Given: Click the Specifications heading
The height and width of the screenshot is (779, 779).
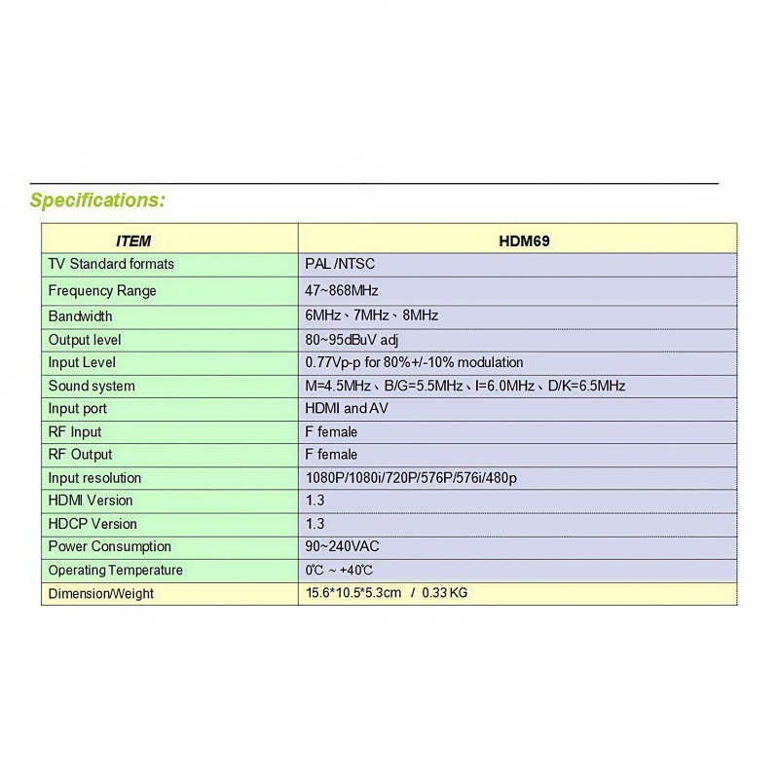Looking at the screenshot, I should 97,201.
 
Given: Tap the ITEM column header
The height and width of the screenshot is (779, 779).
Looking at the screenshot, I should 133,241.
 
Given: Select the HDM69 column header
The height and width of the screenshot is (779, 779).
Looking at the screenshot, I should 524,241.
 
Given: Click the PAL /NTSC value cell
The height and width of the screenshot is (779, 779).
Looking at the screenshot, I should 340,264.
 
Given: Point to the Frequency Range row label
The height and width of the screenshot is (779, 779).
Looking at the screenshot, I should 102,290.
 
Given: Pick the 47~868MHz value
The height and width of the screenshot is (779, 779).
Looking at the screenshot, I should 342,290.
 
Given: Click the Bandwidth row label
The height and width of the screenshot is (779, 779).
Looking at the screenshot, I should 81,315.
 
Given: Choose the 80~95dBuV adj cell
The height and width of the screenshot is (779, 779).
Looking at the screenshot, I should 352,340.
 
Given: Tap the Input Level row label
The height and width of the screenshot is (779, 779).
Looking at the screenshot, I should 82,362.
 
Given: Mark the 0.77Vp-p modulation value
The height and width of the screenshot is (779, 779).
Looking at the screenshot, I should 414,362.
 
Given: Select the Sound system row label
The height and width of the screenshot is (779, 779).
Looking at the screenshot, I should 92,386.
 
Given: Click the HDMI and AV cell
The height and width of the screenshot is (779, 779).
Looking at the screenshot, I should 347,409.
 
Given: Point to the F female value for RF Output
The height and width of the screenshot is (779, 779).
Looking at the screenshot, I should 331,455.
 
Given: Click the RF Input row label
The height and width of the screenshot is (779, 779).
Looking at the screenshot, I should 75,431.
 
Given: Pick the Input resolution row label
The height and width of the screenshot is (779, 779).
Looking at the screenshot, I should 94,478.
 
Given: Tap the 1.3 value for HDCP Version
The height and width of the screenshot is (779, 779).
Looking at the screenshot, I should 315,524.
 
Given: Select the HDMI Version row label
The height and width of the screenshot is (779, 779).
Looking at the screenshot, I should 91,501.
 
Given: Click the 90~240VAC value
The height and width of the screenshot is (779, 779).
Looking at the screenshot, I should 342,546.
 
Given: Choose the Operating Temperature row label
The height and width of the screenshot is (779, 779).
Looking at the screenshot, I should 116,570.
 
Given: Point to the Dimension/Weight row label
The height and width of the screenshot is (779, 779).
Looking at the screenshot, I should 101,593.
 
